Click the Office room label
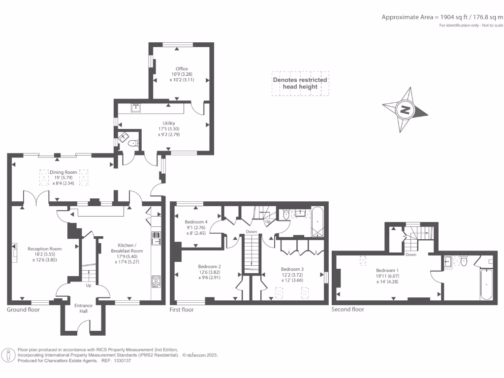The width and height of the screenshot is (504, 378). [182, 69]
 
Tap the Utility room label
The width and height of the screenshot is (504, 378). [169, 123]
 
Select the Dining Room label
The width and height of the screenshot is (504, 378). [63, 172]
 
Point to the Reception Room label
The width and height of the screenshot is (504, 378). [45, 249]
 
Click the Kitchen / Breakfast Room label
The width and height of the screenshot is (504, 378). [127, 248]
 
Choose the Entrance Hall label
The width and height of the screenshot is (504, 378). [84, 308]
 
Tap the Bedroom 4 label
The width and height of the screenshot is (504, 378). [196, 222]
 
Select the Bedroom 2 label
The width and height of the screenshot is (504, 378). [210, 266]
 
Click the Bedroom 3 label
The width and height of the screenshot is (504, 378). [292, 269]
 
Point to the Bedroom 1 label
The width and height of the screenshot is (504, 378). [387, 270]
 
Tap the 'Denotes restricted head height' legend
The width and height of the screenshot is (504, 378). [300, 83]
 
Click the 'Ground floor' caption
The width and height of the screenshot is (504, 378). [24, 310]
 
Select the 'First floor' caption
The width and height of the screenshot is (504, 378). [182, 310]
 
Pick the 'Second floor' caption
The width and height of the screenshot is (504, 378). [348, 309]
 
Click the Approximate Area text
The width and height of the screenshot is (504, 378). [442, 17]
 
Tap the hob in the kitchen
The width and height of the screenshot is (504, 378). [156, 282]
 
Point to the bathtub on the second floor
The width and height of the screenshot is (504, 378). [486, 284]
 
